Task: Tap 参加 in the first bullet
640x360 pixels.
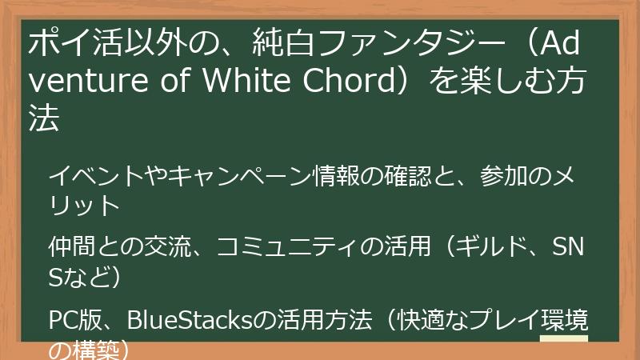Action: (x=500, y=175)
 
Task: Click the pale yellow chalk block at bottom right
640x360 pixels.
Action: (x=564, y=348)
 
